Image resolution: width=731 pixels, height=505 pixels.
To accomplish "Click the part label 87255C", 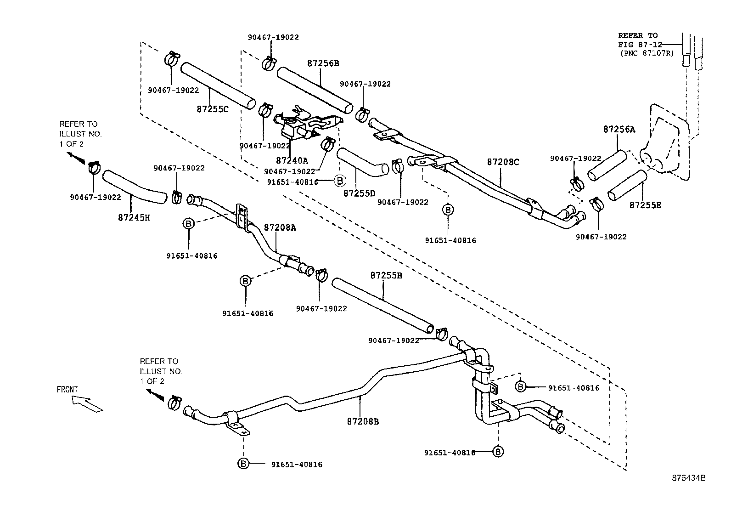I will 213,109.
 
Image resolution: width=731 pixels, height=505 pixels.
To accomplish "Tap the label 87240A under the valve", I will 292,161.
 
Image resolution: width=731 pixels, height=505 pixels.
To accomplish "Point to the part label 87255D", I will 359,193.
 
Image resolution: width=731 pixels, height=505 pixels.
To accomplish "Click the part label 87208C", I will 503,162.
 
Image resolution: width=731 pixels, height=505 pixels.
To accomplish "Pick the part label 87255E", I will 645,205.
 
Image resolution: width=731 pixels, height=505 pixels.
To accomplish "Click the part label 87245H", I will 134,217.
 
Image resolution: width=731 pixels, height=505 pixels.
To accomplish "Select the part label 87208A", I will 280,227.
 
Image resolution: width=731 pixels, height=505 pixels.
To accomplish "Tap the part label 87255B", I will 386,276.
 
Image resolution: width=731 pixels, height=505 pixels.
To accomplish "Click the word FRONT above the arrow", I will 67,390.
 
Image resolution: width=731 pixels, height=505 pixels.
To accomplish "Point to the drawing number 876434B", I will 689,477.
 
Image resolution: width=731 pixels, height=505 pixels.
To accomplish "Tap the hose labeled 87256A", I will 607,166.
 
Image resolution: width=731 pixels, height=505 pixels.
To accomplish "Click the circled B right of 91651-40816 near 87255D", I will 339,181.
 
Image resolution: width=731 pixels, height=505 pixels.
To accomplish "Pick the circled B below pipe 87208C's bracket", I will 448,210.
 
